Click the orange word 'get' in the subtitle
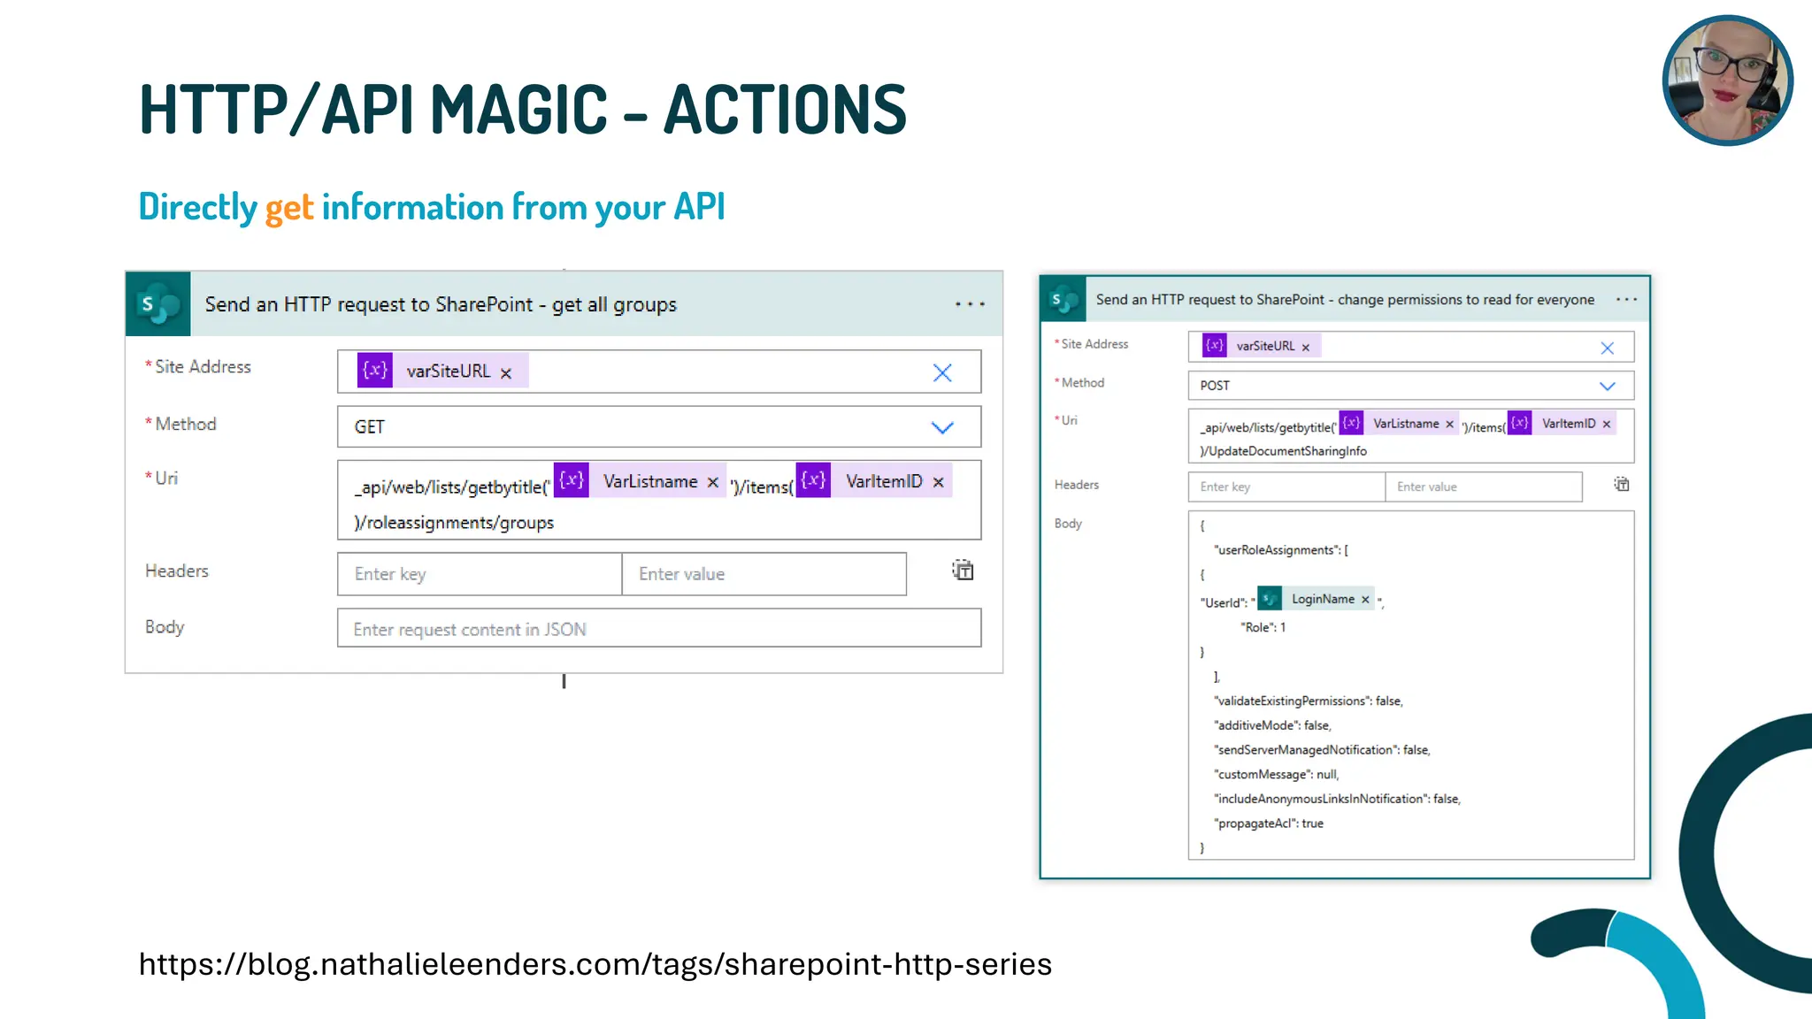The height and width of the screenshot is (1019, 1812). [x=288, y=208]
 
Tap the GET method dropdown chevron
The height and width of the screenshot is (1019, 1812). [x=942, y=428]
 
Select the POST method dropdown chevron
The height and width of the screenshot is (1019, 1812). [x=1607, y=387]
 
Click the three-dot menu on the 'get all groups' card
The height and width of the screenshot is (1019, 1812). [x=970, y=304]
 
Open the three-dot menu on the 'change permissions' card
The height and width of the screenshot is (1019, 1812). [x=1626, y=300]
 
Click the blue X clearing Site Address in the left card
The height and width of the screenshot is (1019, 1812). [x=942, y=372]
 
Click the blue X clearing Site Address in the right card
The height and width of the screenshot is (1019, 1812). [x=1607, y=349]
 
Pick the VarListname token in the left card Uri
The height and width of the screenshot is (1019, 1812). [x=650, y=481]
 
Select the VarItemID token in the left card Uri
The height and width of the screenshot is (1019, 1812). [x=883, y=481]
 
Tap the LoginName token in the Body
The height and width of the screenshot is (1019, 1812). [x=1322, y=600]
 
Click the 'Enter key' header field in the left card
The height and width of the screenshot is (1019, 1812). [x=479, y=574]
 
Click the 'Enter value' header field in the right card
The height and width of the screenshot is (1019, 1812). [x=1483, y=487]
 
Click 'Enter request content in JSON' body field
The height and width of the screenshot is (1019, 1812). [x=658, y=629]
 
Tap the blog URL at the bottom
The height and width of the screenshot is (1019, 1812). [x=595, y=964]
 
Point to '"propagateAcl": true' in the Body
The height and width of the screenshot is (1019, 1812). [x=1270, y=824]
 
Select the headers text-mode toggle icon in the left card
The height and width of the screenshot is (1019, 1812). [x=963, y=571]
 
